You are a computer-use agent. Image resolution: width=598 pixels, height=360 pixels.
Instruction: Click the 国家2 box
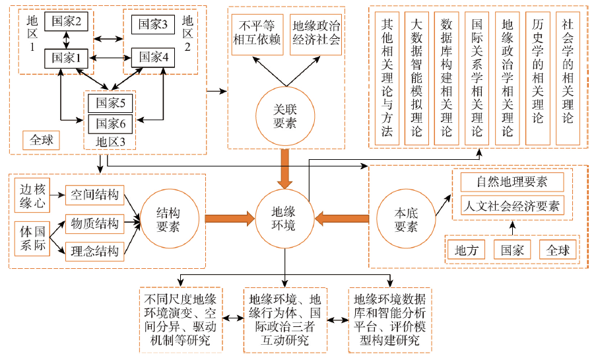coord(67,21)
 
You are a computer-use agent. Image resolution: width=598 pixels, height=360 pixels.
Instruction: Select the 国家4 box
coord(153,57)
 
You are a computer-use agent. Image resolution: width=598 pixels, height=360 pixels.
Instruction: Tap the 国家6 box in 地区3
coord(110,124)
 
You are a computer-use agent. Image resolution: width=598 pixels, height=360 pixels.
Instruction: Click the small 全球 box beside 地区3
coord(41,140)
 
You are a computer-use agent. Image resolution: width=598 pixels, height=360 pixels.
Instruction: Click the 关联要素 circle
coord(285,116)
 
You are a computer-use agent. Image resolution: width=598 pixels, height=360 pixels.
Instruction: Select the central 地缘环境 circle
coord(284,219)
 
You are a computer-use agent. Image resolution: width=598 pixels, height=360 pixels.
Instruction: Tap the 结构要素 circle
coord(170,219)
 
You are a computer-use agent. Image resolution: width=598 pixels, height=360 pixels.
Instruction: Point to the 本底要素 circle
coord(406,219)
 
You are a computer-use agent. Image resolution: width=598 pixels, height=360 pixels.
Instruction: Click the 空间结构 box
coord(94,195)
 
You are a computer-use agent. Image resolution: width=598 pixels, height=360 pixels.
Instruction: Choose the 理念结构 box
coord(94,251)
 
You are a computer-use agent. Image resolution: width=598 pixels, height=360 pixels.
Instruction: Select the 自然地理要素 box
coord(512,182)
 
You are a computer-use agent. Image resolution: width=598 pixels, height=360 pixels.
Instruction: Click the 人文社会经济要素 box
coord(512,206)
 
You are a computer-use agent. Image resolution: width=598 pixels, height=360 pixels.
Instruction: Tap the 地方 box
coord(466,250)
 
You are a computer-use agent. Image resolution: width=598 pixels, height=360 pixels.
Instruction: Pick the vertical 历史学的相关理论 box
coord(538,78)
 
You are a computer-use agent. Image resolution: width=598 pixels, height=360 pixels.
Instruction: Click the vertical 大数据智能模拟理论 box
coord(416,78)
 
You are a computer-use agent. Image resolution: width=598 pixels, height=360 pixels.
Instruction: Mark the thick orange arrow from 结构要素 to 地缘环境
coord(230,219)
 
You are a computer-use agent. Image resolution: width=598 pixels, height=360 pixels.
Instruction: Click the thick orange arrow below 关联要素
coord(285,168)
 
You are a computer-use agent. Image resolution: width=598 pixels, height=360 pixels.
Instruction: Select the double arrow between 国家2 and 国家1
coord(67,40)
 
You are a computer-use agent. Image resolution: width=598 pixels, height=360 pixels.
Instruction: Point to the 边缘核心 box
coord(32,195)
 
